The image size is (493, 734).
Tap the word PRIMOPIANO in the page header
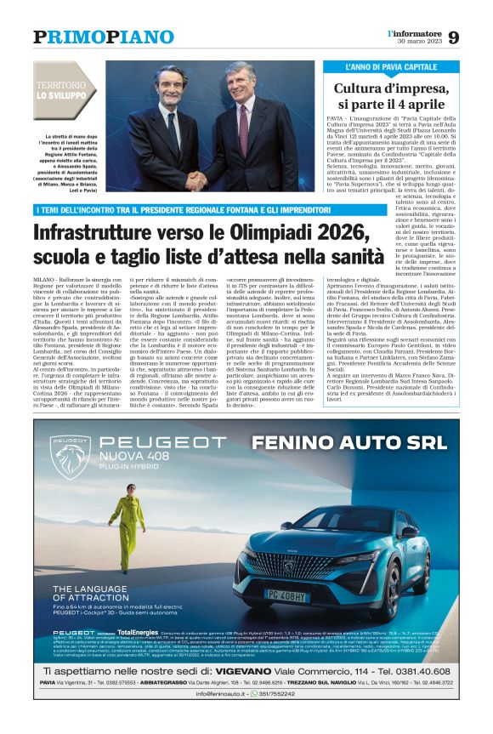(103, 37)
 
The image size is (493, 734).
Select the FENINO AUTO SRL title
(349, 442)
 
